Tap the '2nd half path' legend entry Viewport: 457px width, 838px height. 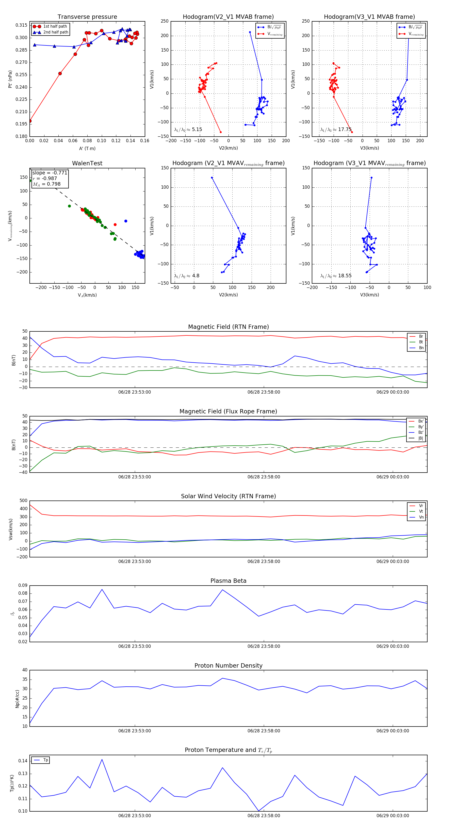(x=56, y=32)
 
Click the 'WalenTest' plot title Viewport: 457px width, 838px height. (x=87, y=163)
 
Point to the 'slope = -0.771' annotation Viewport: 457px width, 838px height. (x=50, y=173)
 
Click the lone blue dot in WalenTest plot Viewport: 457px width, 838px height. (x=126, y=221)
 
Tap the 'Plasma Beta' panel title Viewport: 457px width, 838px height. (x=228, y=581)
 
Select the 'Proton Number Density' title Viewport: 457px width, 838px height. (x=228, y=666)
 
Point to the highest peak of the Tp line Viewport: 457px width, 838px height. (x=102, y=760)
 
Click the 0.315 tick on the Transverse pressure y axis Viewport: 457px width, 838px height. (x=22, y=25)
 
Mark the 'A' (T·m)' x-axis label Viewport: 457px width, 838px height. (x=87, y=149)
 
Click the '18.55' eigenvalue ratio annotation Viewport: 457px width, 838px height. (x=345, y=276)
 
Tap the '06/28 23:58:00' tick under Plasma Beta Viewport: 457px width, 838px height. (x=264, y=646)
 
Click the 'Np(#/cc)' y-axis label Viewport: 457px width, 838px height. (x=17, y=699)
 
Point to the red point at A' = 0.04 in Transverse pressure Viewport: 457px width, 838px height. (x=60, y=74)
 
